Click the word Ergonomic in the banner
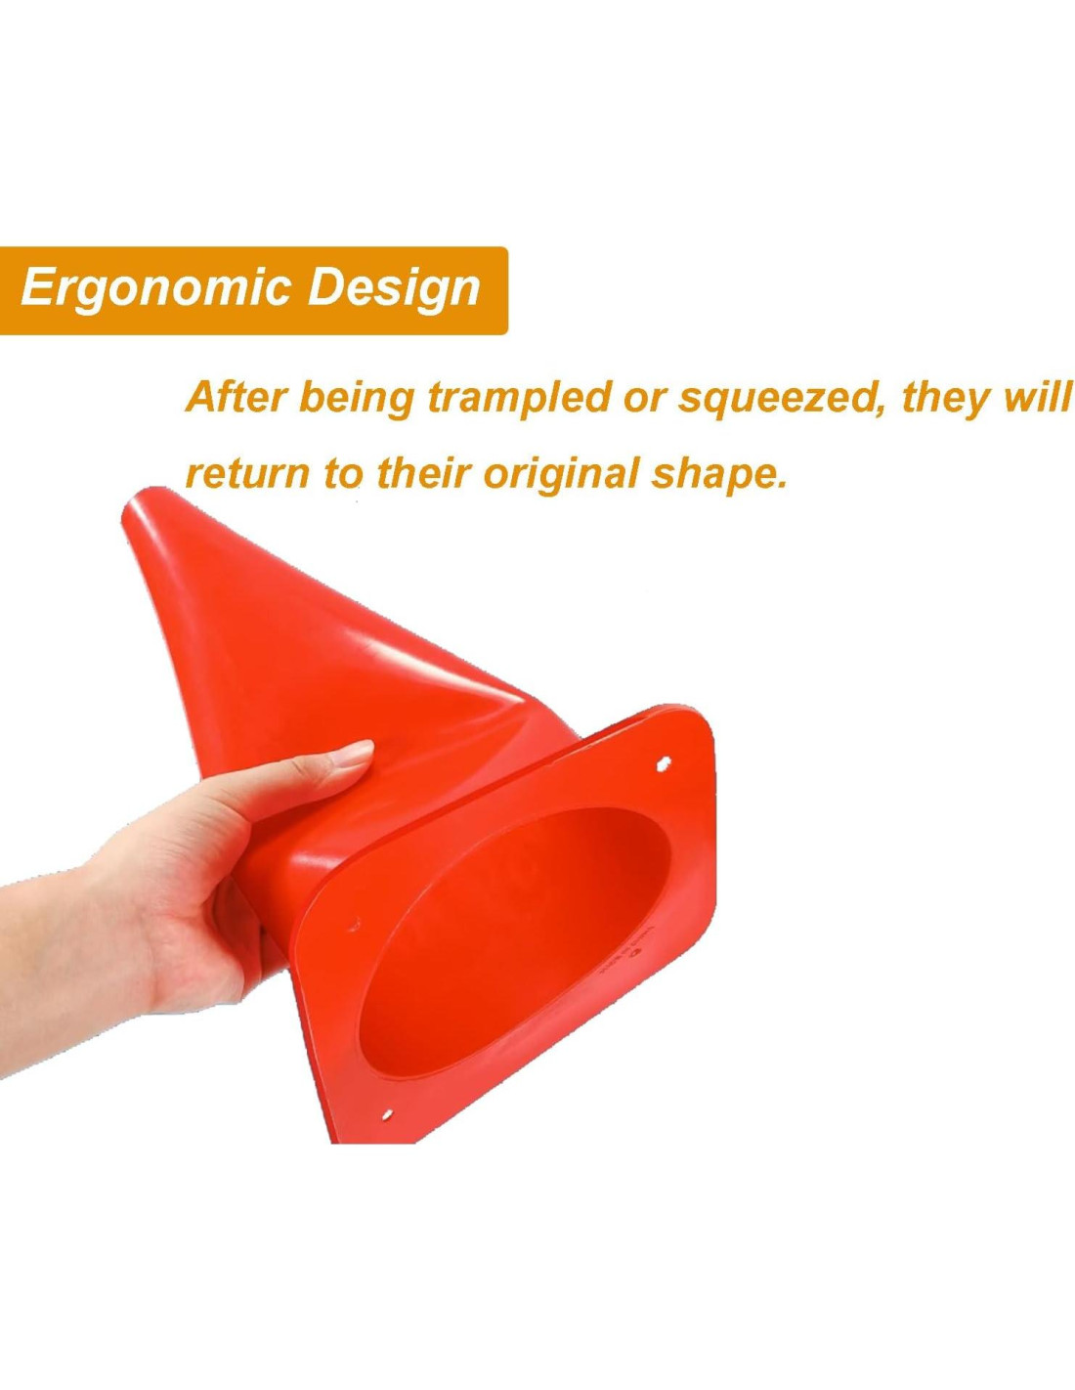point(157,290)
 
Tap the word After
point(236,398)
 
